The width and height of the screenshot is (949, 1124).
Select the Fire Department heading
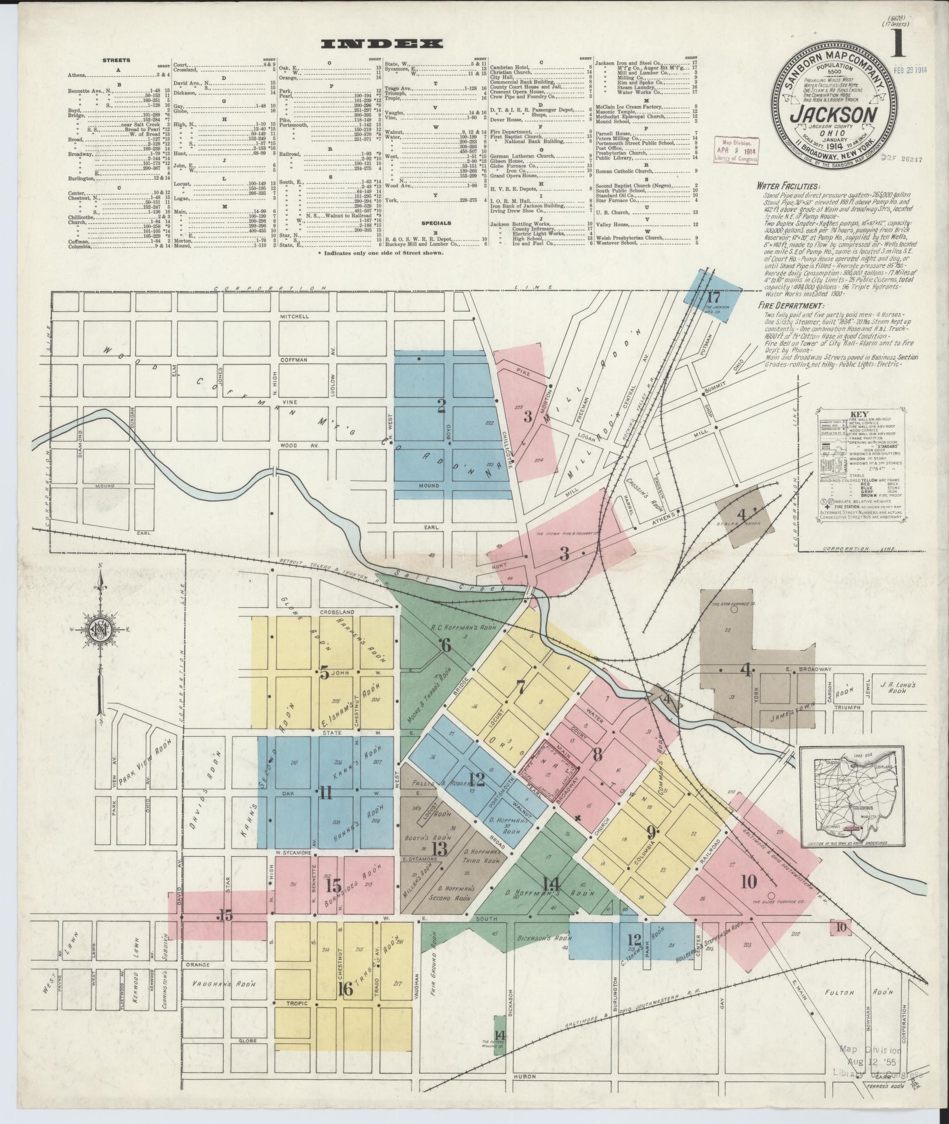click(790, 306)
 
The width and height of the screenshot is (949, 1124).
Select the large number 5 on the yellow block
click(324, 673)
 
